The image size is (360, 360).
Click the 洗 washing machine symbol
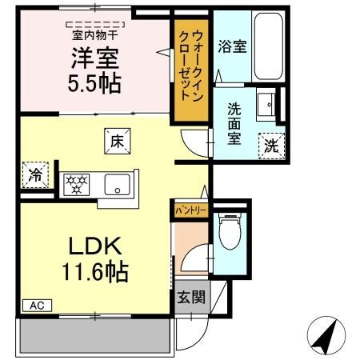pyautogui.click(x=272, y=146)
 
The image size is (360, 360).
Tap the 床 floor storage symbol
pyautogui.click(x=114, y=142)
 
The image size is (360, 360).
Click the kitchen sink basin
pyautogui.click(x=118, y=185)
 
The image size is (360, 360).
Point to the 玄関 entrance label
pyautogui.click(x=190, y=298)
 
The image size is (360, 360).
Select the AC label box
pyautogui.click(x=37, y=305)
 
